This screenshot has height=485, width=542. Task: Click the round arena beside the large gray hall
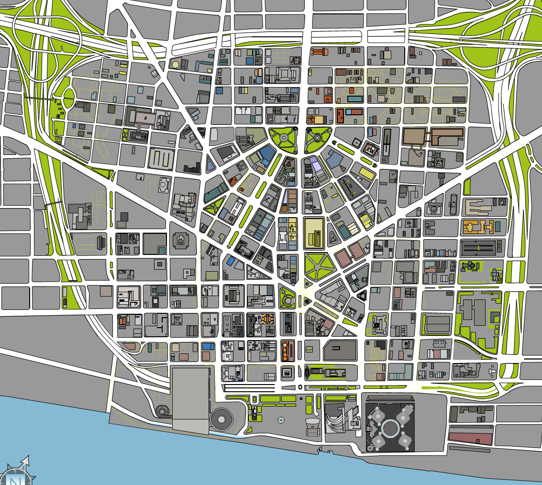pyautogui.click(x=221, y=419)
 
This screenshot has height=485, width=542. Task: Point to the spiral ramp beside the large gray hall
pyautogui.click(x=163, y=410)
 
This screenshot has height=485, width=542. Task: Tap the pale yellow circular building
pyautogui.click(x=175, y=64)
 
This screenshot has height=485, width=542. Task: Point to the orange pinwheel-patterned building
pyautogui.click(x=311, y=119)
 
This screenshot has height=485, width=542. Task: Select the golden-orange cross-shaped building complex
pyautogui.click(x=478, y=226)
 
